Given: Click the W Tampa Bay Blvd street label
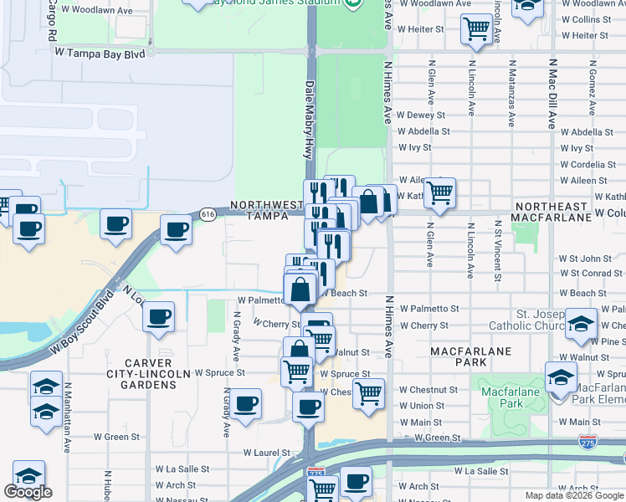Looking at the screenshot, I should pyautogui.click(x=100, y=52).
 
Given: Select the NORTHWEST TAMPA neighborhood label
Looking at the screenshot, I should pyautogui.click(x=266, y=210).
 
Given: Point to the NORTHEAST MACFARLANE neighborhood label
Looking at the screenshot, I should pyautogui.click(x=567, y=212).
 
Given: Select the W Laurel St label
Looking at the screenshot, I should pyautogui.click(x=266, y=453).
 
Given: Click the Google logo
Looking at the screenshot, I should pyautogui.click(x=28, y=491).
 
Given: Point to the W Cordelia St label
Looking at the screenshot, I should pyautogui.click(x=588, y=165).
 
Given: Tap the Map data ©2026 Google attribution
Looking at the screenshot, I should pyautogui.click(x=574, y=495).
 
